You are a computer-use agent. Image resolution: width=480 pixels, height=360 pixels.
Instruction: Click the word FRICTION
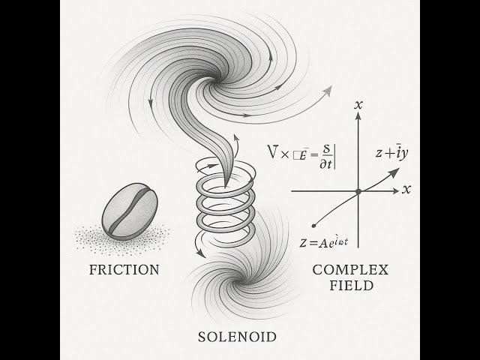pyautogui.click(x=123, y=268)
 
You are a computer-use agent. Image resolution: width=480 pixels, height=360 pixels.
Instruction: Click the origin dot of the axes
pyautogui.click(x=358, y=192)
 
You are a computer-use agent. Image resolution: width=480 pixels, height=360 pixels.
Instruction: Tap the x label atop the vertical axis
pyautogui.click(x=358, y=106)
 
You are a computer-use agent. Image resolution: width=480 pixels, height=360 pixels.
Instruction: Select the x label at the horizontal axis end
pyautogui.click(x=406, y=190)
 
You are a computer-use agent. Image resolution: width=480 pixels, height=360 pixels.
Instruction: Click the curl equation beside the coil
pyautogui.click(x=304, y=154)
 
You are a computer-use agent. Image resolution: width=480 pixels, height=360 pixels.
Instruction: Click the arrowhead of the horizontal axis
pyautogui.click(x=395, y=192)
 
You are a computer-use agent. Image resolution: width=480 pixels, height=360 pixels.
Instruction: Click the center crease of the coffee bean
pyautogui.click(x=129, y=209)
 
